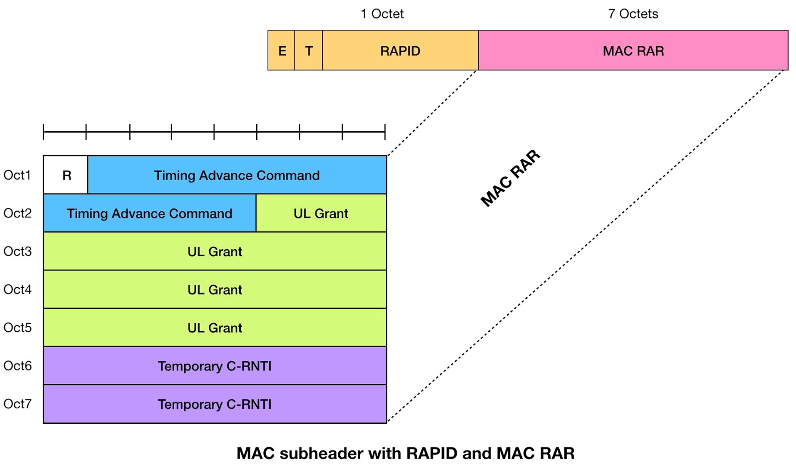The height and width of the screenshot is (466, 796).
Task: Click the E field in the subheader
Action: click(x=282, y=51)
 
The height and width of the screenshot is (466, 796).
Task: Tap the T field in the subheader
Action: click(x=308, y=51)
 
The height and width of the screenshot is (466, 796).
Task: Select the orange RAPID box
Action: click(x=400, y=51)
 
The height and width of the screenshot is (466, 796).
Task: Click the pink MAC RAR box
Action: click(x=633, y=51)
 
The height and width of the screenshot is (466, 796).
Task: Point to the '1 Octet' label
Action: click(x=382, y=14)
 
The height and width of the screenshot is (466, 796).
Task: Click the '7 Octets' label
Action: click(x=633, y=14)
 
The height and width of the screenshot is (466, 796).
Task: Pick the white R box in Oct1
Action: click(x=66, y=175)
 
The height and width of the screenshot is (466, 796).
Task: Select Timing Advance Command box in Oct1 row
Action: click(x=237, y=175)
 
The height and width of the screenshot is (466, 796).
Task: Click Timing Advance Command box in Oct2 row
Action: click(x=149, y=213)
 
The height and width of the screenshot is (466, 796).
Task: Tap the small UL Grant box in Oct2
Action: click(x=321, y=213)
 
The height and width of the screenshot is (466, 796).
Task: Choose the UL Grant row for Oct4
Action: click(x=214, y=289)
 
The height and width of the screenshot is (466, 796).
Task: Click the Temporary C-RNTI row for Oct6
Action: click(x=214, y=366)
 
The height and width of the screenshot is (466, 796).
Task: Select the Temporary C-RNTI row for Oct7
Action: click(x=214, y=404)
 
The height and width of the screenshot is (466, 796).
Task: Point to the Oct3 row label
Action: click(x=17, y=251)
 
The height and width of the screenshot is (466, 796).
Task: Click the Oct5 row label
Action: click(x=17, y=328)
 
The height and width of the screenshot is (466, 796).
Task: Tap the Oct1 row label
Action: click(x=17, y=175)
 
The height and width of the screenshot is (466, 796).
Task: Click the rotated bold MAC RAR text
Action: click(x=510, y=178)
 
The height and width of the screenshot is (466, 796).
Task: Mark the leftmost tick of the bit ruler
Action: click(x=44, y=132)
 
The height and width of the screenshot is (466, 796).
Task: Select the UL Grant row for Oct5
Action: click(x=214, y=328)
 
